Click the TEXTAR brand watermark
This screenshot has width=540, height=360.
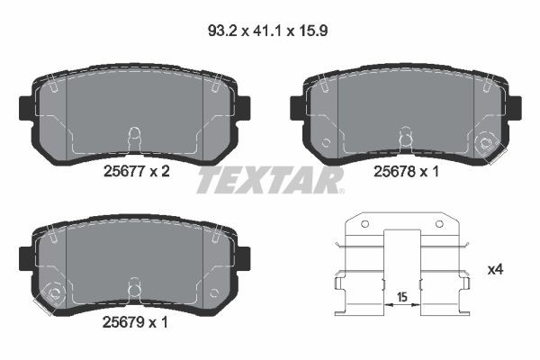tap(270, 180)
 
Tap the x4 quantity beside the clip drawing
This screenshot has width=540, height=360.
tap(494, 269)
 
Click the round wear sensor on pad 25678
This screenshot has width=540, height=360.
tap(489, 141)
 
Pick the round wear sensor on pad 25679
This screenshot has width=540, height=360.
tap(53, 292)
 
